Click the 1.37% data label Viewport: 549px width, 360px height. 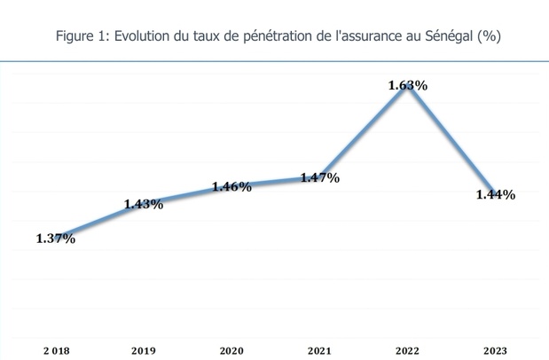[55, 239]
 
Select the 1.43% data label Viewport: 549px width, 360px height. [143, 204]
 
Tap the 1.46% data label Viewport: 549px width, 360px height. [231, 187]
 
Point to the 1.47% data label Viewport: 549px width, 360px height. [320, 178]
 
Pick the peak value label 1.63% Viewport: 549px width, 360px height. [408, 86]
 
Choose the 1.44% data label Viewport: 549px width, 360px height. [496, 195]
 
